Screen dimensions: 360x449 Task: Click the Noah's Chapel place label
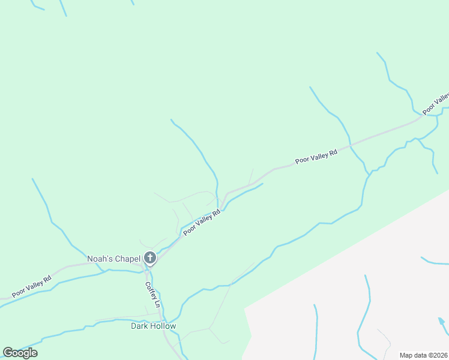114,259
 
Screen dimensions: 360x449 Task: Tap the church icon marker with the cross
150,259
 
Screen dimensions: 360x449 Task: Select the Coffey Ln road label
152,295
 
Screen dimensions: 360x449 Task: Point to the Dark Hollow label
154,326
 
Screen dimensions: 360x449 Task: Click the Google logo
20,353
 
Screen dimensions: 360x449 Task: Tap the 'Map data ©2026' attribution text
424,355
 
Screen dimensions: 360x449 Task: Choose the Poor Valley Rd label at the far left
31,287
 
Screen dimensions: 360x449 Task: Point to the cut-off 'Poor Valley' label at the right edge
436,103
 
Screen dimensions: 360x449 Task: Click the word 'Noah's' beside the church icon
100,259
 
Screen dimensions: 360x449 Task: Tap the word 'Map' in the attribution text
406,355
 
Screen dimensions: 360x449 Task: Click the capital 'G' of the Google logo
8,353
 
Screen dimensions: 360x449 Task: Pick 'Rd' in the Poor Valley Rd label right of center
333,152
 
